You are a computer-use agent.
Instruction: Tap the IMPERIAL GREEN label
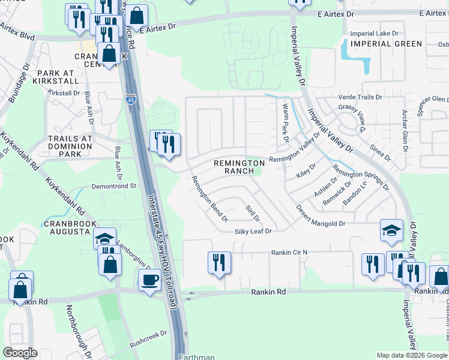387,44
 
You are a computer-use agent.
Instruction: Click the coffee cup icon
149,280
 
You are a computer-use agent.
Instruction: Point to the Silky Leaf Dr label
253,231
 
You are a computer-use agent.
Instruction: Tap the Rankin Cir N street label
289,253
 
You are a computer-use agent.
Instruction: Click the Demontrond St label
114,187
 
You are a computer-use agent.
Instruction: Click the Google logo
21,353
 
